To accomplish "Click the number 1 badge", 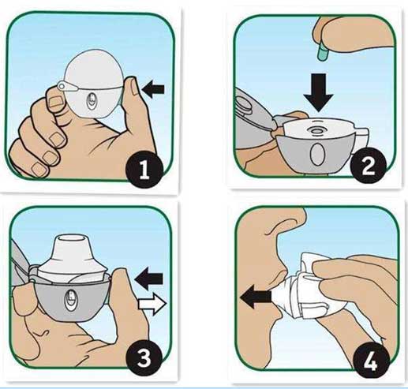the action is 144,169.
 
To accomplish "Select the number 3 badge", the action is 144,359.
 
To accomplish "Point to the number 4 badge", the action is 371,363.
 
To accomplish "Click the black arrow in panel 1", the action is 153,89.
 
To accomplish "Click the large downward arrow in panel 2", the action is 319,93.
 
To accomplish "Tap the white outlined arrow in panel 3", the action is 152,305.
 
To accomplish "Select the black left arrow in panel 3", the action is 148,279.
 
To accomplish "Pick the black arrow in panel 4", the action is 256,297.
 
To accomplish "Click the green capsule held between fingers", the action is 322,54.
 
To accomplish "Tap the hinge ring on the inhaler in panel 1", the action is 62,86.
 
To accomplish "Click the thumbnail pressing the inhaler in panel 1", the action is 135,88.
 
